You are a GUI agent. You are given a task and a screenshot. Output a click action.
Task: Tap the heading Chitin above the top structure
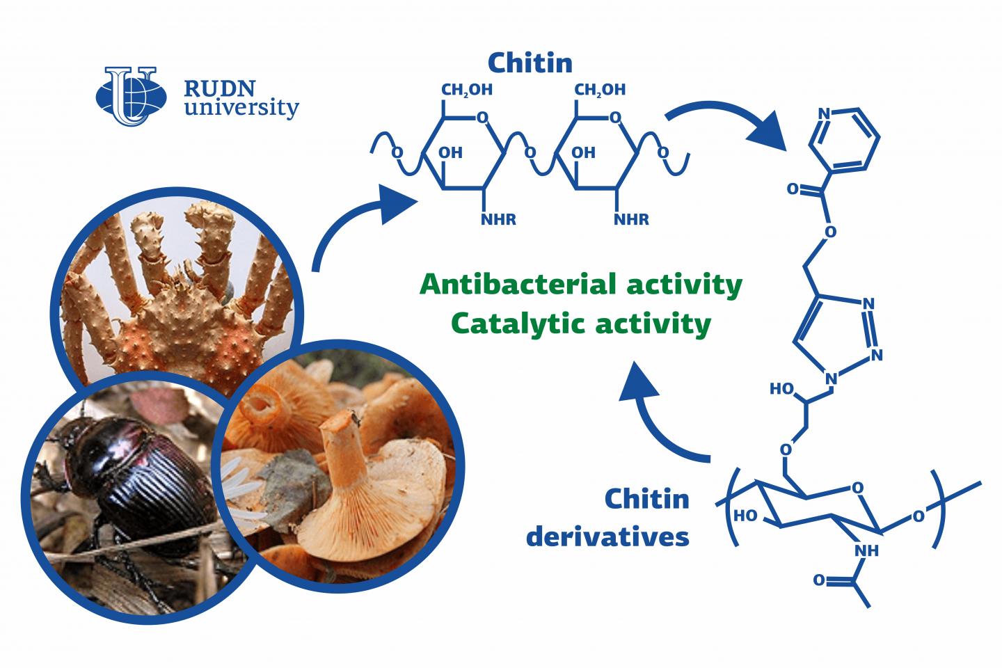(530, 63)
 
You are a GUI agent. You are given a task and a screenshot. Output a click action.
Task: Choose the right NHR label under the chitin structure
(632, 220)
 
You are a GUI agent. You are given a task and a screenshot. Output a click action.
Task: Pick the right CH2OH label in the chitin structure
(600, 89)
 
